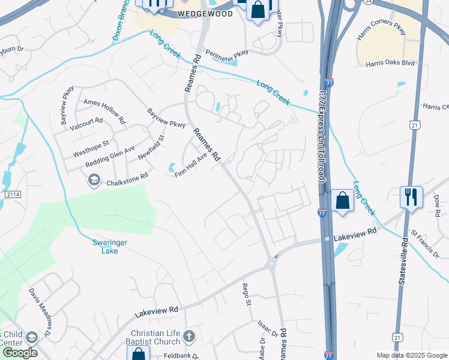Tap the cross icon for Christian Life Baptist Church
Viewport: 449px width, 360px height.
tap(189, 336)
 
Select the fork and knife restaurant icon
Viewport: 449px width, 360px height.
tap(411, 197)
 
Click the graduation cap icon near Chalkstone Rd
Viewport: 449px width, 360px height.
tap(94, 180)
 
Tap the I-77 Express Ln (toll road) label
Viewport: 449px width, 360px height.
tap(323, 140)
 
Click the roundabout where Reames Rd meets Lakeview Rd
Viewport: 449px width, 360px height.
tap(271, 263)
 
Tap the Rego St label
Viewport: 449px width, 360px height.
tap(246, 295)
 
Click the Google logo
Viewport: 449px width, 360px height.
tap(19, 352)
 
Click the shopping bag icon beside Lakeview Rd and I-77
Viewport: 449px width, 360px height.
tap(342, 201)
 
